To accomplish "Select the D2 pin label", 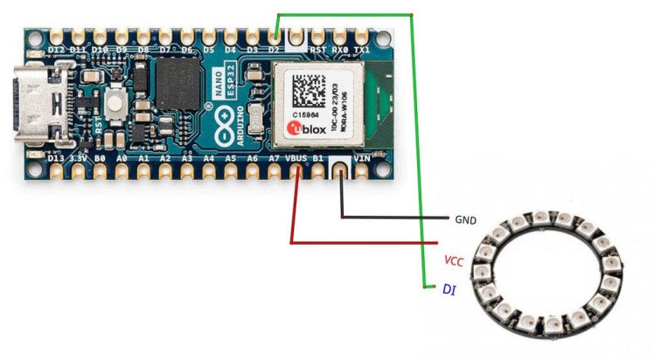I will (x=275, y=51).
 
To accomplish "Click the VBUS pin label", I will (x=296, y=158).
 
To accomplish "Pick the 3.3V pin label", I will (x=77, y=159).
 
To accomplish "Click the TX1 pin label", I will (x=361, y=51).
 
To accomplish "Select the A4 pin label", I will (x=208, y=159).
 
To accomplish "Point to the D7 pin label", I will (x=164, y=51).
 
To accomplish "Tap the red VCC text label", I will (x=454, y=260).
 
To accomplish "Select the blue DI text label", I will (x=449, y=288).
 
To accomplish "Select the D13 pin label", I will (x=55, y=159).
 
